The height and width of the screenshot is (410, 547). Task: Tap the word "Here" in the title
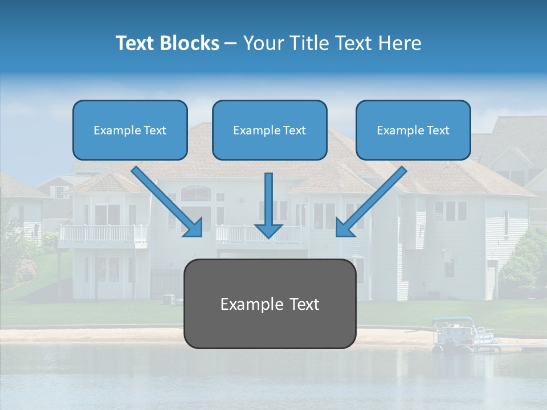tap(400, 43)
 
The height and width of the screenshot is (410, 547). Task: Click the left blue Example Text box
tap(130, 130)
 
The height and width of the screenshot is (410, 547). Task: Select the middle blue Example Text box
tap(270, 130)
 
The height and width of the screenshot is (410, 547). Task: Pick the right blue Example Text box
tap(413, 130)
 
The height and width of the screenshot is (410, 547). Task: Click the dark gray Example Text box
tap(270, 304)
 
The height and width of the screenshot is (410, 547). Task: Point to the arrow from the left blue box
tap(165, 199)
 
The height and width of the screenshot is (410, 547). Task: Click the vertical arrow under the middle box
tap(268, 205)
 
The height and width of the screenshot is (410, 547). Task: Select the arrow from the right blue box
tap(373, 199)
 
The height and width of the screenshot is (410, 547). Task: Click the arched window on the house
tap(196, 194)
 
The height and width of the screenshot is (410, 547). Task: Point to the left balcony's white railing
tap(103, 233)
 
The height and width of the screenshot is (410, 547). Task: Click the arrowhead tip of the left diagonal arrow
tap(201, 235)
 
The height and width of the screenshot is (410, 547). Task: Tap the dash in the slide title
tap(231, 44)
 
